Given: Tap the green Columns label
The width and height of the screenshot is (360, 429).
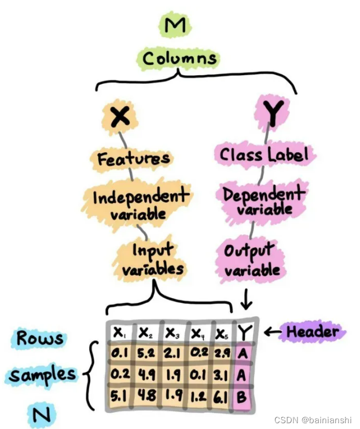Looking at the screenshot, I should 179,58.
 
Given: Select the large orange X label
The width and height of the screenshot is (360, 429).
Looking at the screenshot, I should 119,118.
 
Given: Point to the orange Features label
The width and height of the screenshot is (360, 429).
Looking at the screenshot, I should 133,158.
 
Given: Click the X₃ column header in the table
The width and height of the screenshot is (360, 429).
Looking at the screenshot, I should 171,334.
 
